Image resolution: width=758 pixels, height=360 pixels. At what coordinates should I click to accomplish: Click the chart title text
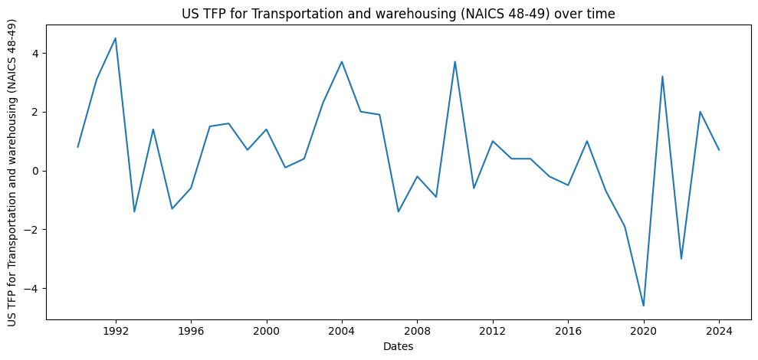pyautogui.click(x=398, y=13)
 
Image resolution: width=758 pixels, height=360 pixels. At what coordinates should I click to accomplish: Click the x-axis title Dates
pyautogui.click(x=398, y=347)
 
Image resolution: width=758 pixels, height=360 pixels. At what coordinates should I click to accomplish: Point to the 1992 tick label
pyautogui.click(x=116, y=332)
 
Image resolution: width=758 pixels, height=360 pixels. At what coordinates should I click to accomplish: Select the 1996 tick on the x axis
pyautogui.click(x=191, y=332)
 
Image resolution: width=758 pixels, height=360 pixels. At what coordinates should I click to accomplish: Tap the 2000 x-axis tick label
pyautogui.click(x=266, y=332)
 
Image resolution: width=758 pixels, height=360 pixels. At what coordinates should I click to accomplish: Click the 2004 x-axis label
pyautogui.click(x=342, y=332)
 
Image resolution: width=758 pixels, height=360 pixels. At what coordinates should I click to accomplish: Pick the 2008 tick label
pyautogui.click(x=417, y=332)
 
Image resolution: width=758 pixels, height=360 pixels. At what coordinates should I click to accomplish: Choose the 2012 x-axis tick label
pyautogui.click(x=493, y=332)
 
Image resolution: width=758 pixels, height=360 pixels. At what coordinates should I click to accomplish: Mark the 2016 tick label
pyautogui.click(x=568, y=332)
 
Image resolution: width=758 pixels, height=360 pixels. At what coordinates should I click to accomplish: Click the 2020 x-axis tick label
pyautogui.click(x=644, y=332)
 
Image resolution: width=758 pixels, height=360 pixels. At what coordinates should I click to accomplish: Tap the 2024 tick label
pyautogui.click(x=719, y=332)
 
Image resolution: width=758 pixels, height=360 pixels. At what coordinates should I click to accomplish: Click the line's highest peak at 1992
pyautogui.click(x=116, y=38)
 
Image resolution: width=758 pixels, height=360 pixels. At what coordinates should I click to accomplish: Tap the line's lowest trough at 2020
pyautogui.click(x=644, y=306)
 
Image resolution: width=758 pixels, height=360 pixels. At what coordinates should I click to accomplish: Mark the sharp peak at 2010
pyautogui.click(x=455, y=62)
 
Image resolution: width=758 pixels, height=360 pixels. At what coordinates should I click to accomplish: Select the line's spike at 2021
pyautogui.click(x=662, y=77)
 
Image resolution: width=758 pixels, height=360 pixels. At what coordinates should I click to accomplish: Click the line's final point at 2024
pyautogui.click(x=719, y=150)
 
